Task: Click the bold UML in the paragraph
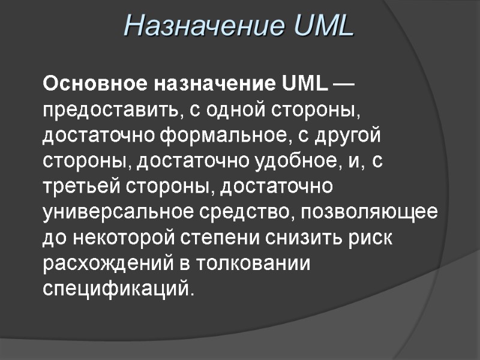pos(305,85)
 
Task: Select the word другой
pos(348,136)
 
